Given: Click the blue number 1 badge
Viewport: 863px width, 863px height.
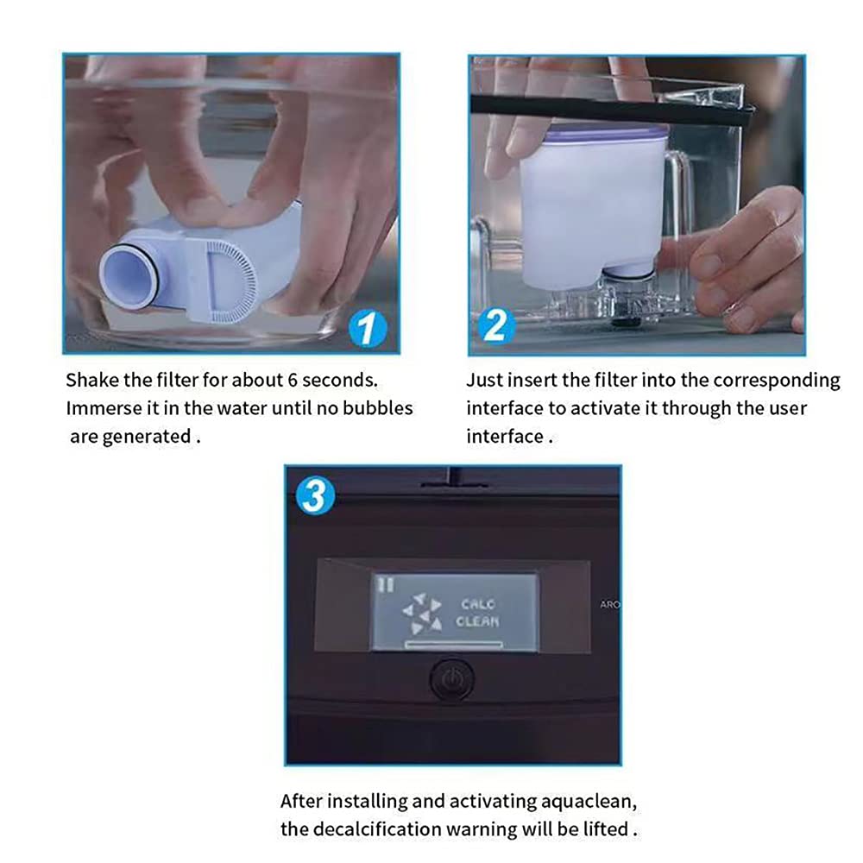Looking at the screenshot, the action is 368,329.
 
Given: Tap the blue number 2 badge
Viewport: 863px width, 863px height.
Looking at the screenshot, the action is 496,325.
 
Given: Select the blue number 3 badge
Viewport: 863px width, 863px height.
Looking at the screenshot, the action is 315,495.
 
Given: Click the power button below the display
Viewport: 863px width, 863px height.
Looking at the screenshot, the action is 451,680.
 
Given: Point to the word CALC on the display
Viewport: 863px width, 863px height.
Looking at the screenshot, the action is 478,604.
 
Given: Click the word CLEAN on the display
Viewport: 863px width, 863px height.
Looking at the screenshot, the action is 478,621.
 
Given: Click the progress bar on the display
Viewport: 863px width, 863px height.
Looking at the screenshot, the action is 454,644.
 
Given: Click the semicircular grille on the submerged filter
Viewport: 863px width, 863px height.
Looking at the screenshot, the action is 232,280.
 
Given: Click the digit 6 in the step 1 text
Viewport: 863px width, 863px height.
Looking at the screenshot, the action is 293,380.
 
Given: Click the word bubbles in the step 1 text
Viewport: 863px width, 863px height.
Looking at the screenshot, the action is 378,408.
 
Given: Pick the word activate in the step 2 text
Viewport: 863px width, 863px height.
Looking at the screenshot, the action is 612,408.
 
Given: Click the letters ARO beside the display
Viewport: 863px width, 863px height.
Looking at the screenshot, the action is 610,604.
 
